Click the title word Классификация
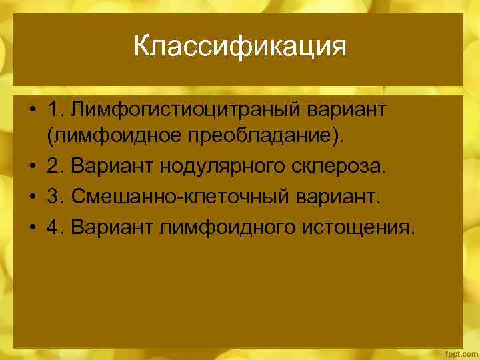(239, 47)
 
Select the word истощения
(358, 227)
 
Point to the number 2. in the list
(54, 166)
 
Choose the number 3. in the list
(54, 197)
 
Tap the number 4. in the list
(54, 227)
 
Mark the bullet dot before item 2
(33, 167)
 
